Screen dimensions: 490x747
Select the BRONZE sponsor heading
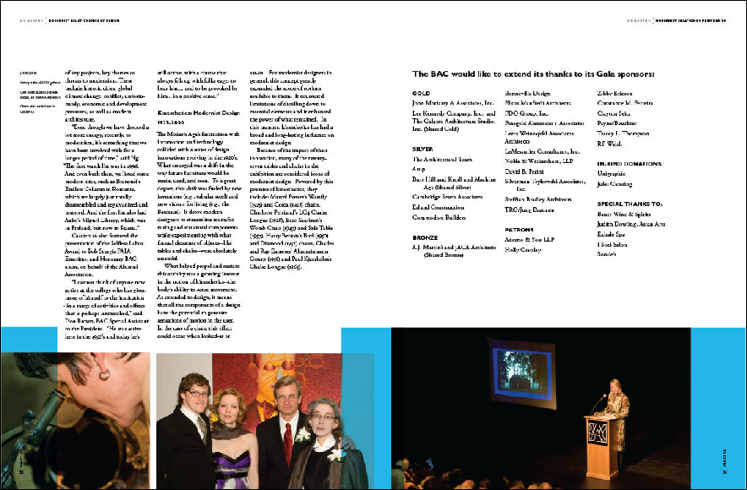[424, 237]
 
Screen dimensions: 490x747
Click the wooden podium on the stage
[602, 443]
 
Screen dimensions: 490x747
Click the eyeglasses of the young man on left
[197, 393]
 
